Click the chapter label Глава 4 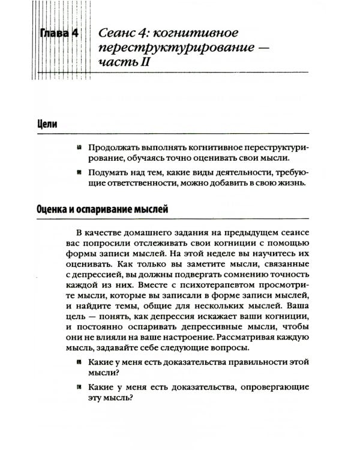tap(59, 34)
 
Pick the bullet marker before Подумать tap(79, 172)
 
